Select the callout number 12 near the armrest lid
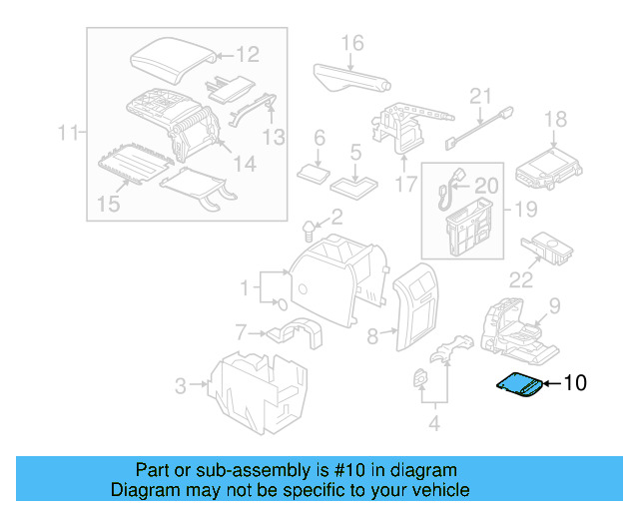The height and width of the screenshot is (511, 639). point(247,55)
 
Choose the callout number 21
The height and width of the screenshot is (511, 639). point(481,97)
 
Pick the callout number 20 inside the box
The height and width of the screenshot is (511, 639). point(485,186)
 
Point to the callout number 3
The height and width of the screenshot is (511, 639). point(181,385)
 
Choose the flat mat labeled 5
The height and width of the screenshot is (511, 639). point(354,184)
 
